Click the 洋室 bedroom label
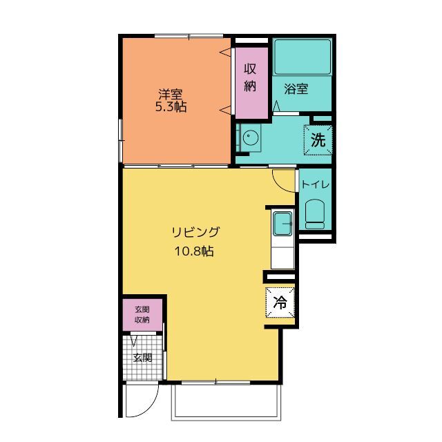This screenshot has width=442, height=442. click(171, 94)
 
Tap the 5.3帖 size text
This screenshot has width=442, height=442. click(171, 107)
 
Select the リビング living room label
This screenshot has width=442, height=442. click(195, 232)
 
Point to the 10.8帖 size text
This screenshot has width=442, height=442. click(194, 251)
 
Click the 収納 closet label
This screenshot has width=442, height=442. click(250, 77)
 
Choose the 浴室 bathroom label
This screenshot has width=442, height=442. click(296, 89)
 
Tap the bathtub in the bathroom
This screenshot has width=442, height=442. click(302, 57)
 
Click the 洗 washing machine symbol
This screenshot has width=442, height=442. click(318, 140)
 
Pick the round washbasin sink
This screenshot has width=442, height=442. click(250, 137)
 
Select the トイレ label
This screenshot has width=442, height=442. click(316, 185)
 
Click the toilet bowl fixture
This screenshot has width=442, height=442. click(315, 214)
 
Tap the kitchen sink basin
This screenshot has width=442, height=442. click(282, 224)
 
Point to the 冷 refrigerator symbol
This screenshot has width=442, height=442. click(280, 302)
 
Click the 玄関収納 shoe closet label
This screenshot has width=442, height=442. click(142, 315)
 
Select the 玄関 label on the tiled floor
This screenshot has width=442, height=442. click(143, 358)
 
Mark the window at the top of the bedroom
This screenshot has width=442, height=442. click(189, 36)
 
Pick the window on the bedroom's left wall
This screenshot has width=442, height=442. click(120, 141)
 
